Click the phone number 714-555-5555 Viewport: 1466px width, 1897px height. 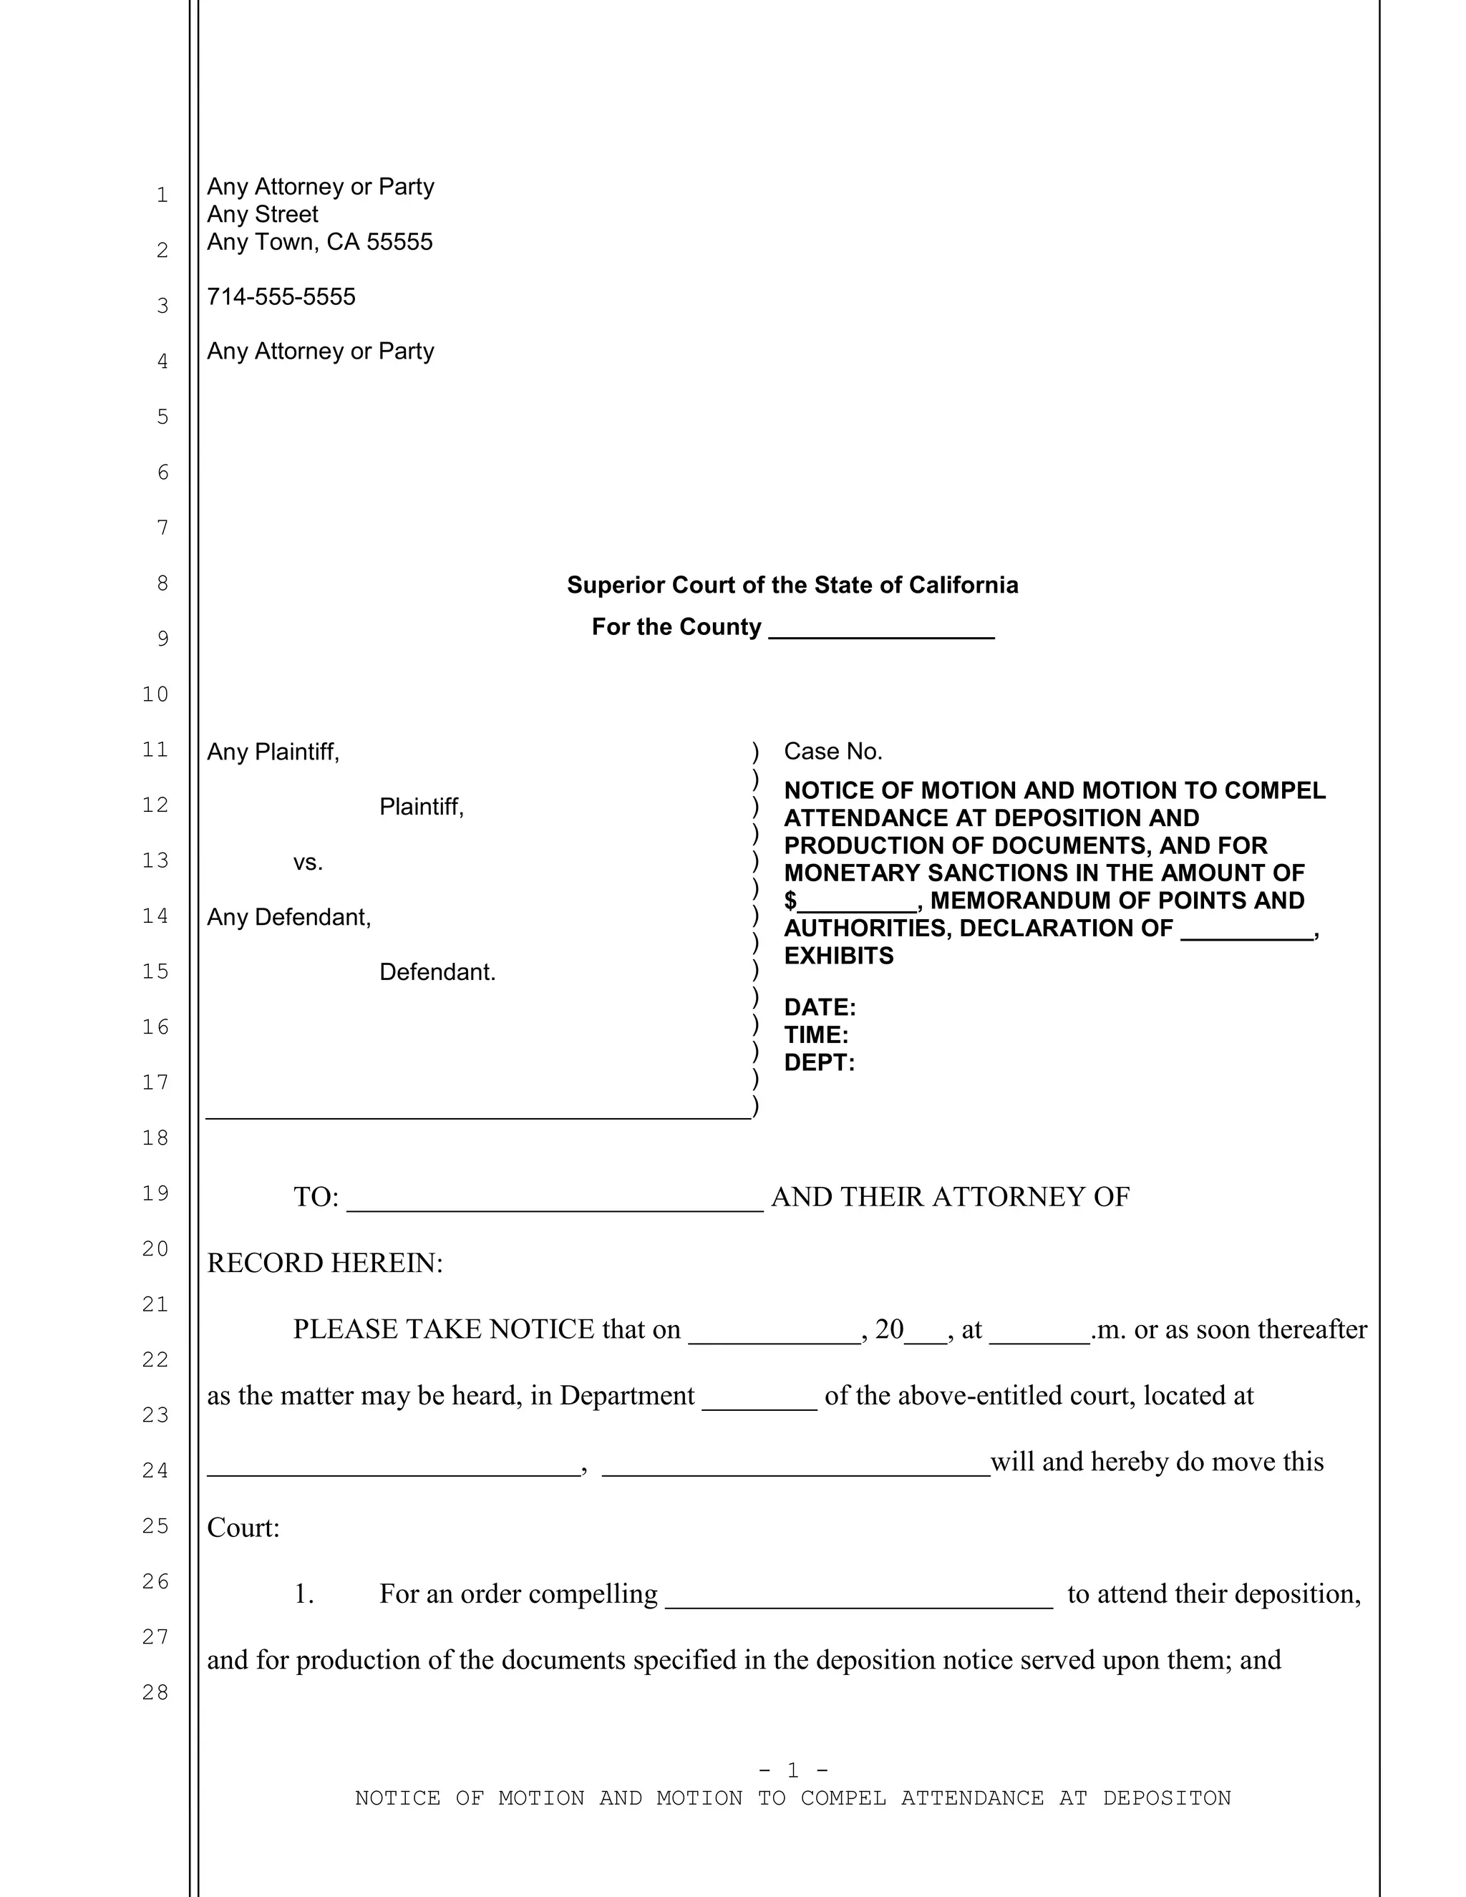[x=281, y=297]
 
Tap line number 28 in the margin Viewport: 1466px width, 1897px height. [x=155, y=1692]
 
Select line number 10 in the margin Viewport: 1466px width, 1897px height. [x=155, y=694]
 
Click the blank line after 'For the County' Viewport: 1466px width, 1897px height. [x=880, y=629]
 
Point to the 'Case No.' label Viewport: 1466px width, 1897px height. [x=833, y=752]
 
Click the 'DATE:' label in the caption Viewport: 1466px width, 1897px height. [x=819, y=1008]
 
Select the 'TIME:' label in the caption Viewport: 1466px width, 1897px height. [x=815, y=1035]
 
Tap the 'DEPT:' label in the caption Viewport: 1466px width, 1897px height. [x=819, y=1063]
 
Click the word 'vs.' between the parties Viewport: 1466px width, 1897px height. [x=307, y=863]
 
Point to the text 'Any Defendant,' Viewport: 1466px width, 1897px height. [x=288, y=917]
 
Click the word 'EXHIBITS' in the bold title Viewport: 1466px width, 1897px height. [x=838, y=956]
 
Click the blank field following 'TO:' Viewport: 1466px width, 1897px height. [x=554, y=1200]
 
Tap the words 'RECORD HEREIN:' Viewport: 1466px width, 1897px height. [x=325, y=1263]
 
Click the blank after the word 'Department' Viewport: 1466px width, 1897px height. [x=759, y=1397]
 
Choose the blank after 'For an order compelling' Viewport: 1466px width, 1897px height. [x=858, y=1596]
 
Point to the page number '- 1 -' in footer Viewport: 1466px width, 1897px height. [x=792, y=1770]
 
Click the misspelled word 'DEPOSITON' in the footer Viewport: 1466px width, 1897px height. [x=1166, y=1798]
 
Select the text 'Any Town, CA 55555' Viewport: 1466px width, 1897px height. [x=319, y=243]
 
